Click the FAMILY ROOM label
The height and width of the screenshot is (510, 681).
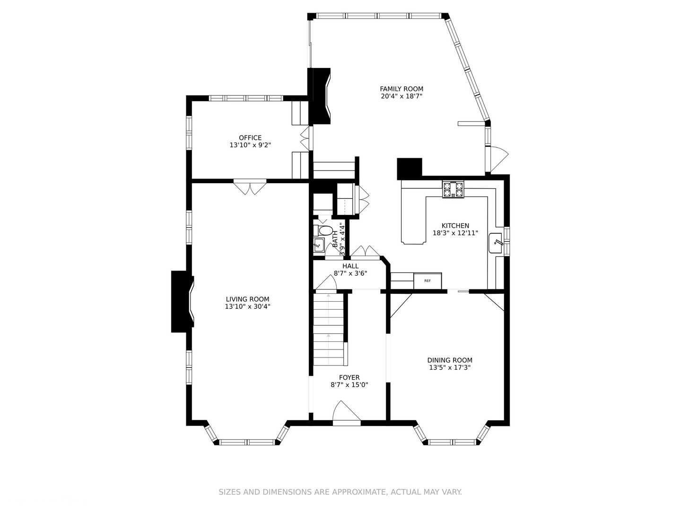(x=402, y=89)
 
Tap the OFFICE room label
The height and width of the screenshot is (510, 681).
(x=250, y=138)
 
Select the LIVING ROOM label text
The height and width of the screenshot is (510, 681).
(x=248, y=299)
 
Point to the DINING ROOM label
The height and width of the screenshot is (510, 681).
(x=450, y=360)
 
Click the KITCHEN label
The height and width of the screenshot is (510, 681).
(x=455, y=226)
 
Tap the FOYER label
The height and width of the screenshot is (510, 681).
(x=349, y=377)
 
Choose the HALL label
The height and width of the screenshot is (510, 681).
(x=350, y=266)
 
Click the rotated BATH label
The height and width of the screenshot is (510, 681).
(x=335, y=239)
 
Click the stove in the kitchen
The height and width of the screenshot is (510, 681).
(x=453, y=189)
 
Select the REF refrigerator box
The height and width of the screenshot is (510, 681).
(x=428, y=281)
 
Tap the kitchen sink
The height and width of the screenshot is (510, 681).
(x=495, y=243)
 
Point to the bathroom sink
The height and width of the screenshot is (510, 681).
(x=319, y=246)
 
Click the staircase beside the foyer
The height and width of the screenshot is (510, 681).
(x=329, y=329)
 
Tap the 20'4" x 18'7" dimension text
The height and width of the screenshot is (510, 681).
(x=402, y=96)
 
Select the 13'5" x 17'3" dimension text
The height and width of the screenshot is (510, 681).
(x=450, y=367)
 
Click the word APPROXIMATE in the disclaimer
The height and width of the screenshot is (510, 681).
(x=358, y=492)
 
